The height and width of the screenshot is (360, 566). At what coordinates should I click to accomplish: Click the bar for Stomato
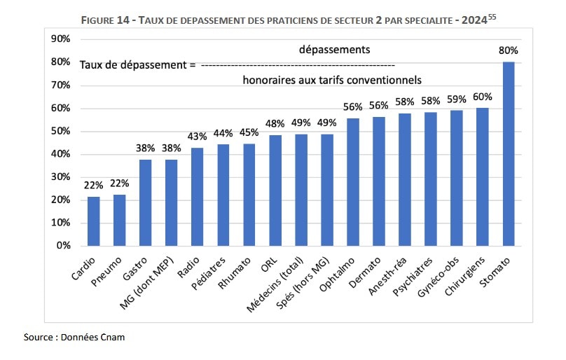point(509,154)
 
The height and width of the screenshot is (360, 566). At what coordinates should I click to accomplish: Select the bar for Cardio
point(93,221)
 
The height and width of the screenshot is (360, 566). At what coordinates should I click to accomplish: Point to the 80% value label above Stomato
point(509,50)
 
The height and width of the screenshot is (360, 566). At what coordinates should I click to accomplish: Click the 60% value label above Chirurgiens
point(483,97)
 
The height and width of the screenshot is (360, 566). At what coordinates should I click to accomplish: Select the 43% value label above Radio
point(197,137)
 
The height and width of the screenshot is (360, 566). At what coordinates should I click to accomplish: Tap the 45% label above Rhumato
point(249,132)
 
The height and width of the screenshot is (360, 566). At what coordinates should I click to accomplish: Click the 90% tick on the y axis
point(60,39)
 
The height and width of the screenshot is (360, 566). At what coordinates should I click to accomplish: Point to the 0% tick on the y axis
point(63,246)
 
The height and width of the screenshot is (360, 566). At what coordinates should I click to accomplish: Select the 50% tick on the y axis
point(60,131)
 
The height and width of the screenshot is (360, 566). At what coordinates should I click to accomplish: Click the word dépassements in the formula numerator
point(334,50)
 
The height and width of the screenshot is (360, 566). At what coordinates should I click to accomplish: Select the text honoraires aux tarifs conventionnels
point(332,80)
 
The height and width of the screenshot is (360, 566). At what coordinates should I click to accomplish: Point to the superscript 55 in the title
point(493,18)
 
